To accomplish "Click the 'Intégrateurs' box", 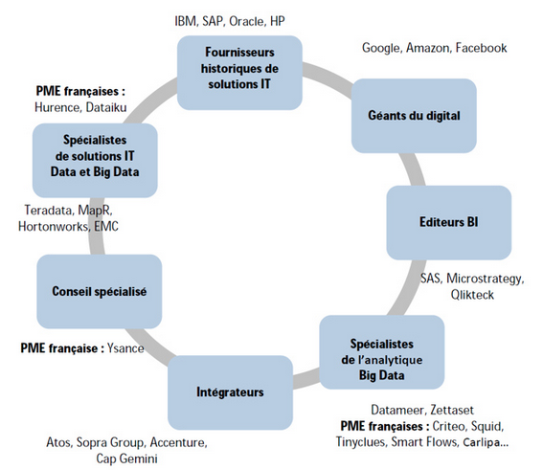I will tap(230, 392).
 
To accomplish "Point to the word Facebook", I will tap(481, 48).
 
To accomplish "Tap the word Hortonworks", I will tap(53, 227).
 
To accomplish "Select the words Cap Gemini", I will tap(126, 459).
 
